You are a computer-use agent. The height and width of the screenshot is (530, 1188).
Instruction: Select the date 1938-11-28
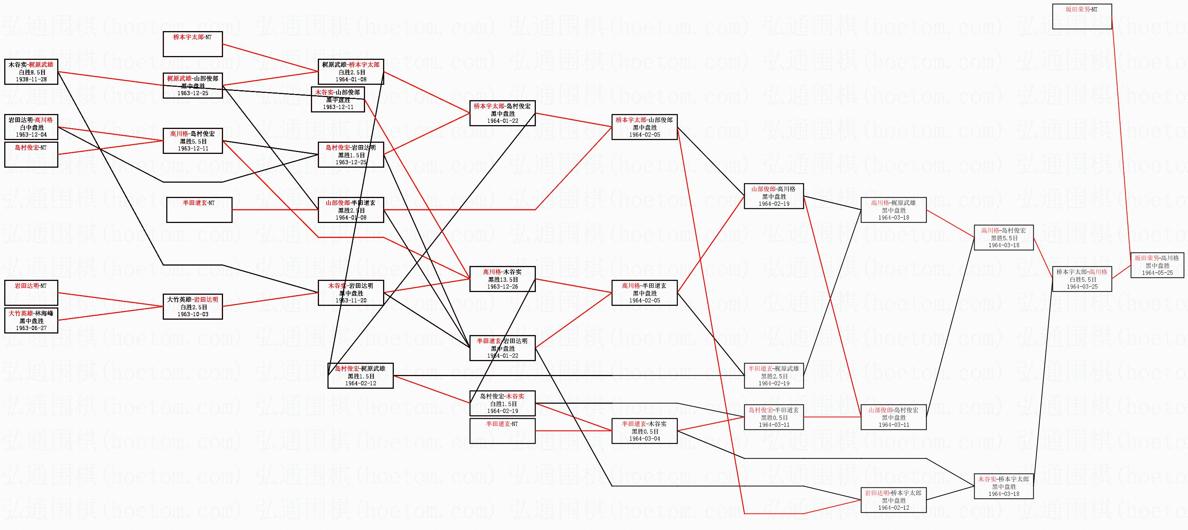pos(31,79)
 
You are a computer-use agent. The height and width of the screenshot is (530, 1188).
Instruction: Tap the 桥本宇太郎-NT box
pos(193,44)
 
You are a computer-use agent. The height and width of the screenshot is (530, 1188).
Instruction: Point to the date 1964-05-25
pos(1158,272)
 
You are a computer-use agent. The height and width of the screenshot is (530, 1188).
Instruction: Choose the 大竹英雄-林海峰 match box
pos(31,320)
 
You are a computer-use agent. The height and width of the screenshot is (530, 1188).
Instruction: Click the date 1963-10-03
pos(193,314)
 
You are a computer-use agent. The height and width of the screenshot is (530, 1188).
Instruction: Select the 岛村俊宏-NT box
pos(31,154)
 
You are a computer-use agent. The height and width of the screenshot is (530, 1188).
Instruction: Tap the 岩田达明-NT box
pos(31,292)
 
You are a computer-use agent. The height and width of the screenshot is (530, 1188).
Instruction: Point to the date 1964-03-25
pos(1082,286)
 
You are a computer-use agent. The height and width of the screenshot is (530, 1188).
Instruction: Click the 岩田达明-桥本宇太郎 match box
pos(893,500)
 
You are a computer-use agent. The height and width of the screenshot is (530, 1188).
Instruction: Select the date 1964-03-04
pos(644,439)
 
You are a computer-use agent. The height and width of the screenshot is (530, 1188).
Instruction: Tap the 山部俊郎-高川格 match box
pos(773,196)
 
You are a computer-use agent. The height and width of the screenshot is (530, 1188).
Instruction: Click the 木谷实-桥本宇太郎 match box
pos(1003,486)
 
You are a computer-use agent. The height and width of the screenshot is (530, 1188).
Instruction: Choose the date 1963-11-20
pos(351,300)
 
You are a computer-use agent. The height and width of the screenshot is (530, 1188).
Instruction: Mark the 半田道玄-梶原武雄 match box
pos(773,375)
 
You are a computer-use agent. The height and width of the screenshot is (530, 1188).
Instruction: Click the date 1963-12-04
pos(31,135)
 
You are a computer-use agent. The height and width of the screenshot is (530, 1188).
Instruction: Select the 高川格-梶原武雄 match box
pos(893,210)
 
